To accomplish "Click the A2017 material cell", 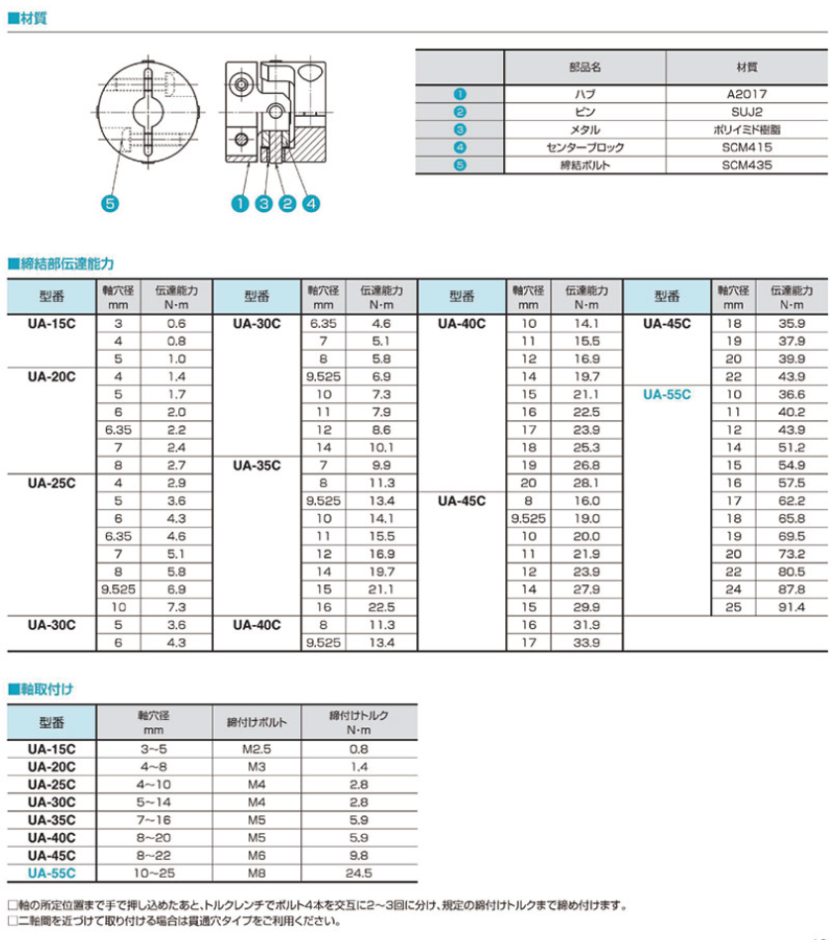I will (x=746, y=93).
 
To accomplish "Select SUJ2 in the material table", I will (x=746, y=111).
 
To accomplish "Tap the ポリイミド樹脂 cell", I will (x=746, y=129).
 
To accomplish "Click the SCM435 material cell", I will (x=746, y=164).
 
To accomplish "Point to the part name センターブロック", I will (x=584, y=147).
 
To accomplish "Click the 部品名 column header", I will (x=584, y=67).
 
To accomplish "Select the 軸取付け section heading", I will (x=46, y=687).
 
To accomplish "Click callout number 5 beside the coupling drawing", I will (x=109, y=204).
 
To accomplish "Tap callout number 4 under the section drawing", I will (x=311, y=204).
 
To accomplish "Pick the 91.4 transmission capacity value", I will (x=791, y=607).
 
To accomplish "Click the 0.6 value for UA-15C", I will (x=176, y=324).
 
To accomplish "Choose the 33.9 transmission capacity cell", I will (x=586, y=643).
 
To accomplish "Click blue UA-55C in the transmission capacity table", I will (x=667, y=394).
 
